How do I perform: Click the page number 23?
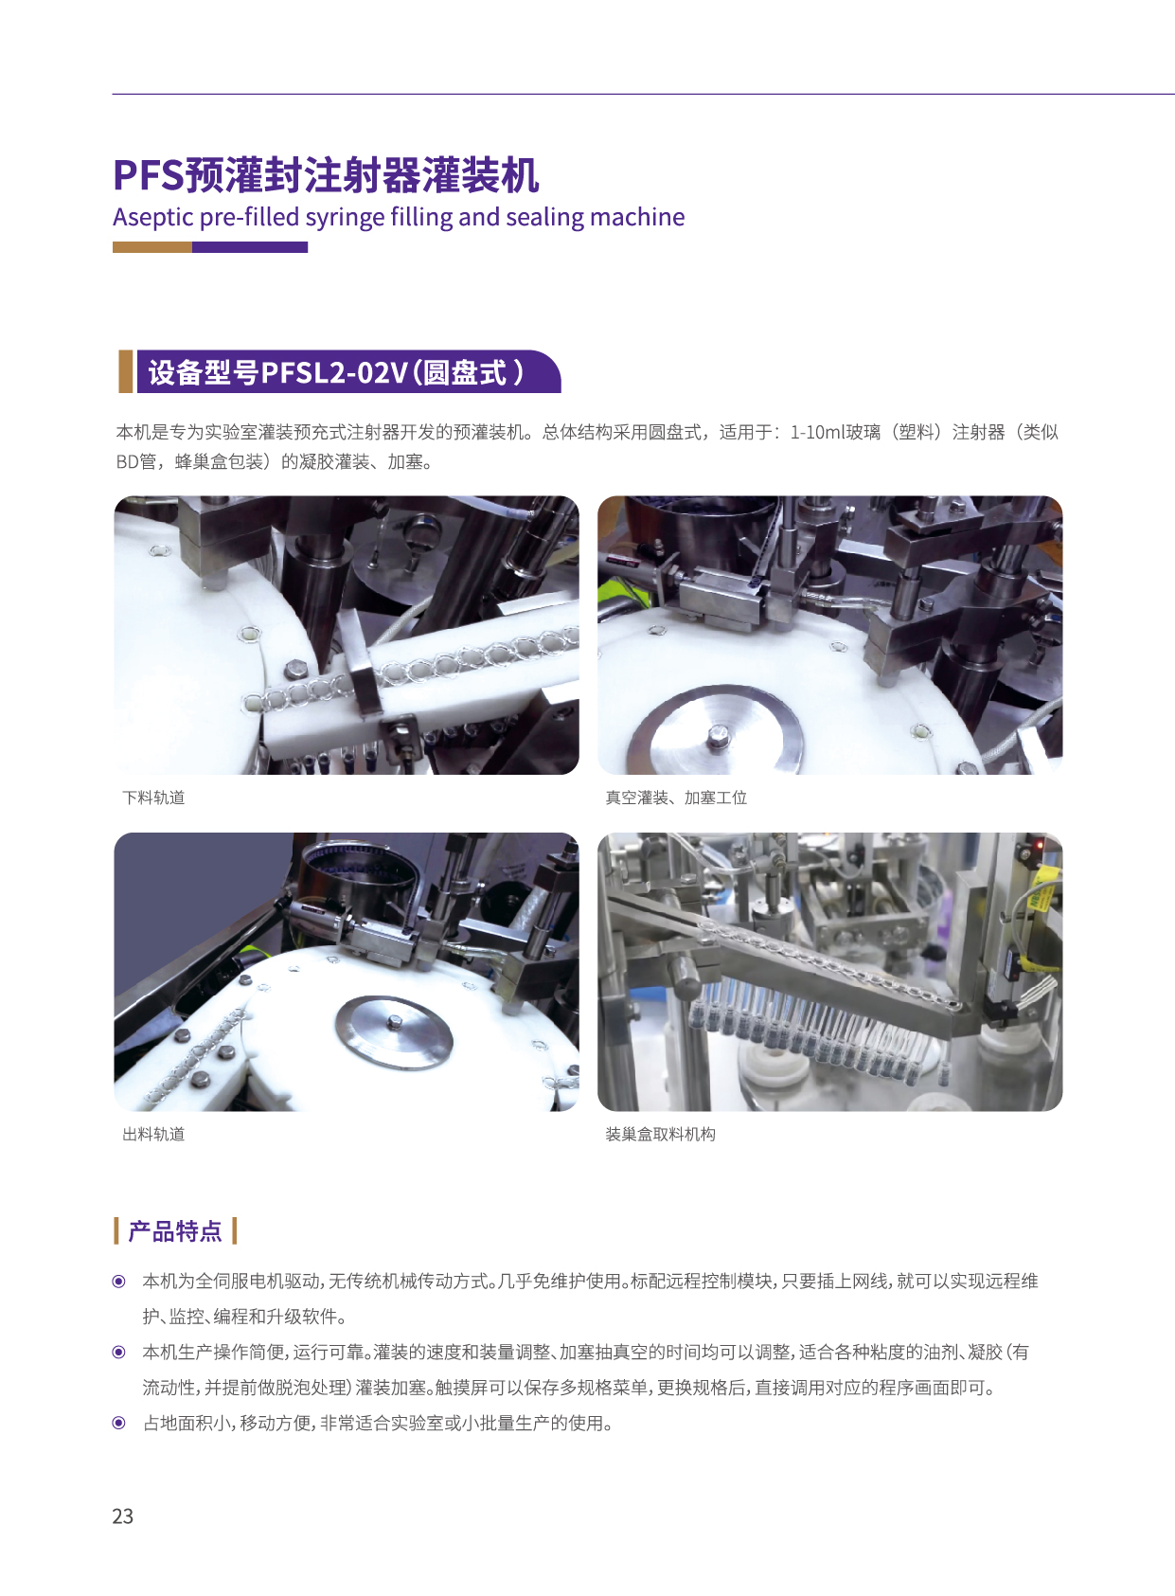(x=122, y=1515)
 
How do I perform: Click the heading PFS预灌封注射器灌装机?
(x=326, y=174)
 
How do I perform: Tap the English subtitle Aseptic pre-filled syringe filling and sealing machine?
(x=399, y=217)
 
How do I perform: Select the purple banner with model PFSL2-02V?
(x=348, y=372)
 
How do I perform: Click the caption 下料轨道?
(x=153, y=798)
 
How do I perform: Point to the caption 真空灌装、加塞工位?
(x=676, y=798)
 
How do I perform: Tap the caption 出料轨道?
(x=153, y=1135)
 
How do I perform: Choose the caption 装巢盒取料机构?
(x=660, y=1135)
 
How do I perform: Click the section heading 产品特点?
(x=174, y=1231)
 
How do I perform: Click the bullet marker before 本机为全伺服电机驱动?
(x=119, y=1282)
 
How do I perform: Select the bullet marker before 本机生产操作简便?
(x=119, y=1353)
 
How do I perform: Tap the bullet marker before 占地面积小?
(x=119, y=1424)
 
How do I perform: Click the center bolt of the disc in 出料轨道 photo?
(x=394, y=1022)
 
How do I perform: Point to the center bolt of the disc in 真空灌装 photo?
(x=717, y=735)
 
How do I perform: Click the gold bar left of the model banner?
(x=125, y=371)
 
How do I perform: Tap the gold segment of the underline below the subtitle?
(x=151, y=247)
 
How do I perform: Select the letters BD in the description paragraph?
(x=126, y=462)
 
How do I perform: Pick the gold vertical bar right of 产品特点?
(x=234, y=1231)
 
